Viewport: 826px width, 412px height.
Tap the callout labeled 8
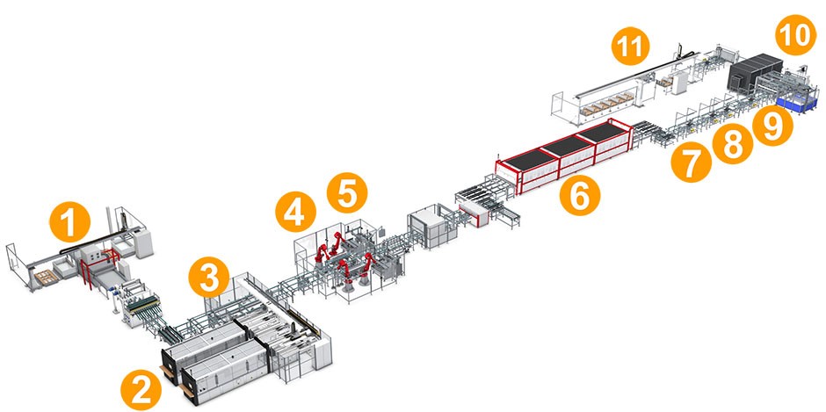733,144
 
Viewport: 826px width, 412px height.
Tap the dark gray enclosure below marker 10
754,70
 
